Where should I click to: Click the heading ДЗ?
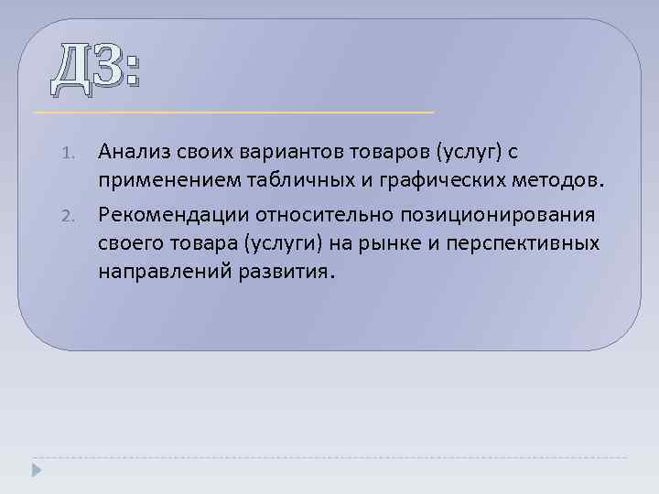coord(96,70)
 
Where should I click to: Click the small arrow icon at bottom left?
coord(37,469)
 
